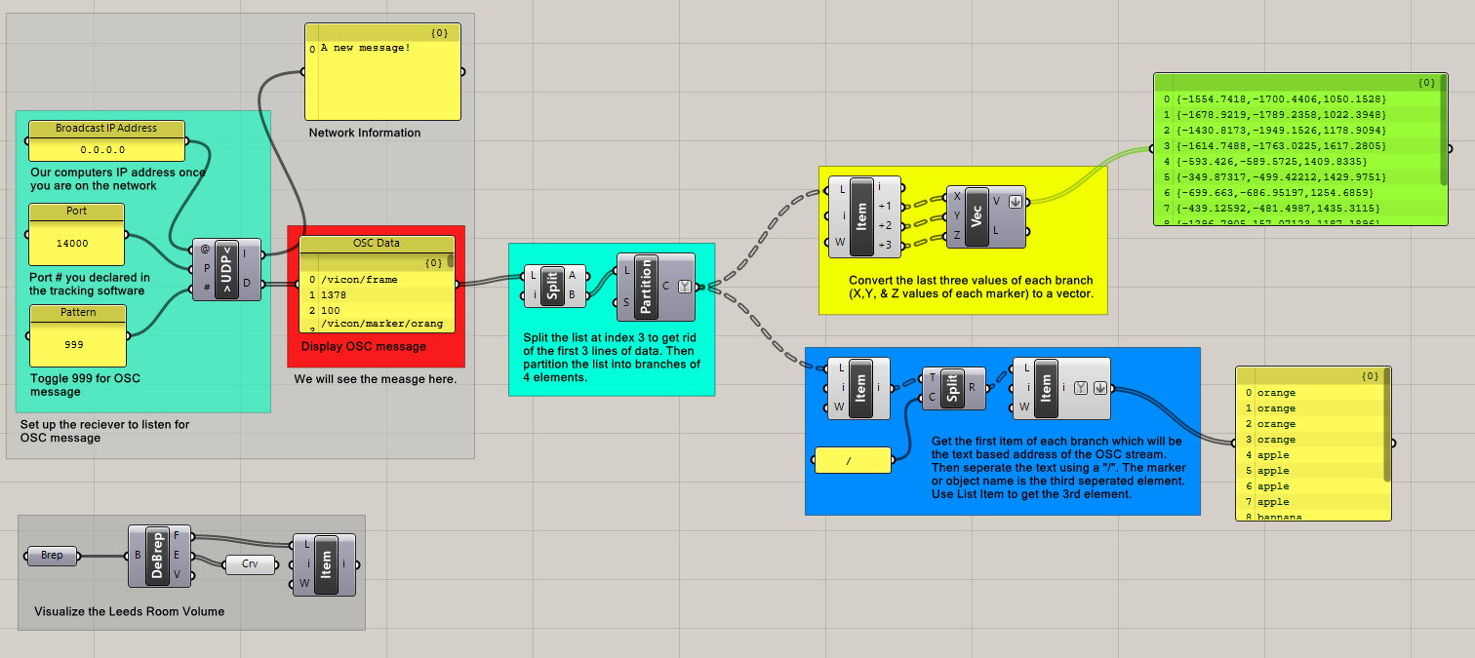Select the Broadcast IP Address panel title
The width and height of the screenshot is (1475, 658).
(x=106, y=129)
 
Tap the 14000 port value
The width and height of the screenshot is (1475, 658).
(x=76, y=243)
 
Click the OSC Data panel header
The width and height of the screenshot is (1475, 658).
(x=376, y=244)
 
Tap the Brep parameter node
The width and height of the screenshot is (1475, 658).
(x=52, y=556)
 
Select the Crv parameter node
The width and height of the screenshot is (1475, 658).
(x=250, y=563)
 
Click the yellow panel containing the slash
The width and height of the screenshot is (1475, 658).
(x=852, y=460)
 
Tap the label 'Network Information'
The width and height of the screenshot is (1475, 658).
(x=365, y=133)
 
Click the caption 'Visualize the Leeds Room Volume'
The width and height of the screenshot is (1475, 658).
(x=130, y=611)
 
